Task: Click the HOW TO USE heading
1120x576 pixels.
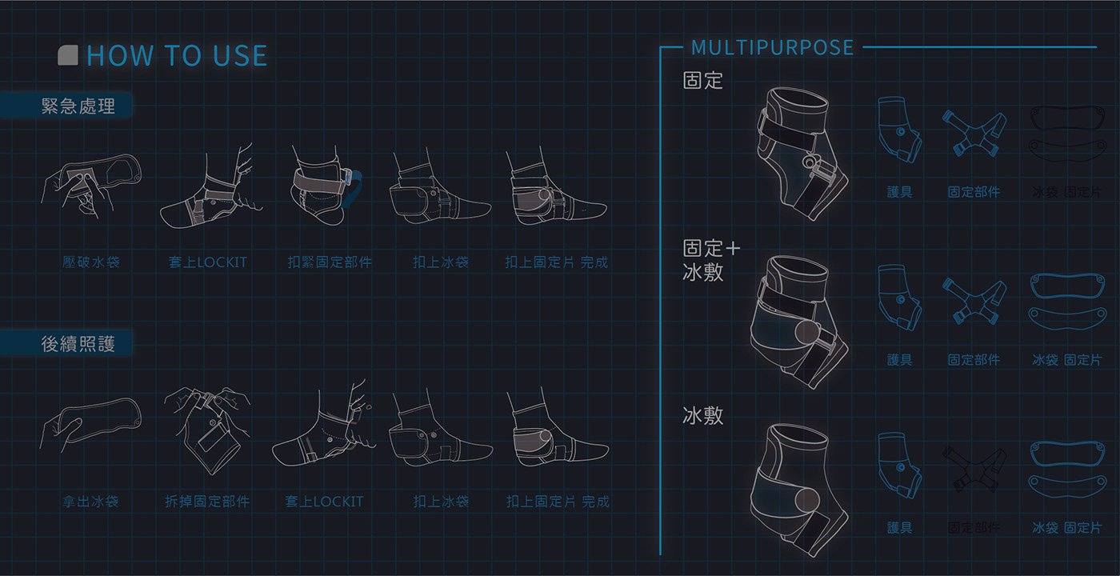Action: tap(177, 56)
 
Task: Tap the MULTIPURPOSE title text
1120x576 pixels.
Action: tap(772, 48)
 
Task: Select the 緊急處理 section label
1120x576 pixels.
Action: tap(78, 106)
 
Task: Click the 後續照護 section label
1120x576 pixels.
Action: tap(78, 344)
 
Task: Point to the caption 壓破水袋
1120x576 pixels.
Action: tap(91, 262)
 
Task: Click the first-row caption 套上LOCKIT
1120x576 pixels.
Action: tap(208, 262)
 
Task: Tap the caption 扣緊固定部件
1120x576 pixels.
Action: tap(330, 262)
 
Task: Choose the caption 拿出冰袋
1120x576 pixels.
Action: tap(91, 502)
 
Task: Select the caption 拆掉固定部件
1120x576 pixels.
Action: tap(207, 502)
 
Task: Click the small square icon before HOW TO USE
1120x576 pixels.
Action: tap(68, 55)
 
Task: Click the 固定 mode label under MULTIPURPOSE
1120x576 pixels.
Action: tap(702, 80)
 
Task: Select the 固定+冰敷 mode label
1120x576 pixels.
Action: tap(711, 260)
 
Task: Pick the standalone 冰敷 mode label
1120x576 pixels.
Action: tap(702, 415)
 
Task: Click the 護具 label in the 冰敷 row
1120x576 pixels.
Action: tap(899, 528)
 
